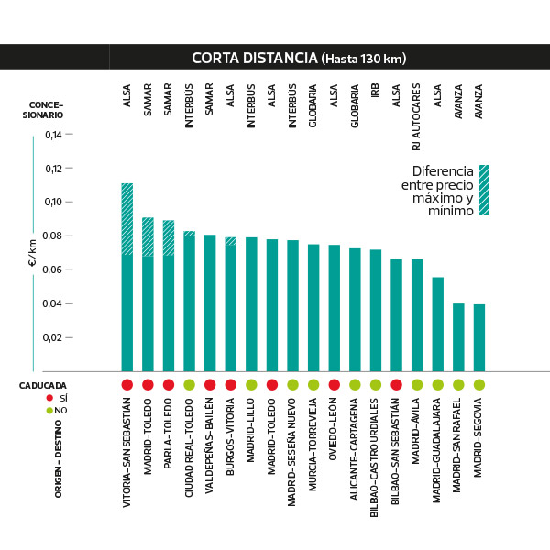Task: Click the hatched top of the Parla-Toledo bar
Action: coord(169,237)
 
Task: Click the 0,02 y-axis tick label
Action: coord(54,337)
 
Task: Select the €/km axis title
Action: coord(32,252)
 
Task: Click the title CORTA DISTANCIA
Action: coord(254,59)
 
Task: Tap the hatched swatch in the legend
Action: coord(483,190)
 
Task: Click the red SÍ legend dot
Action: coord(49,399)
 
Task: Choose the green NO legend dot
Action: coord(49,410)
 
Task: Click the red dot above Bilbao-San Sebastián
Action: coord(396,385)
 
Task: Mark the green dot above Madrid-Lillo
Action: coord(251,385)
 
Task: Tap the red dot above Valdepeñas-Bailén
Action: coord(210,385)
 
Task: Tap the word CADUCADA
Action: coord(43,386)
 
